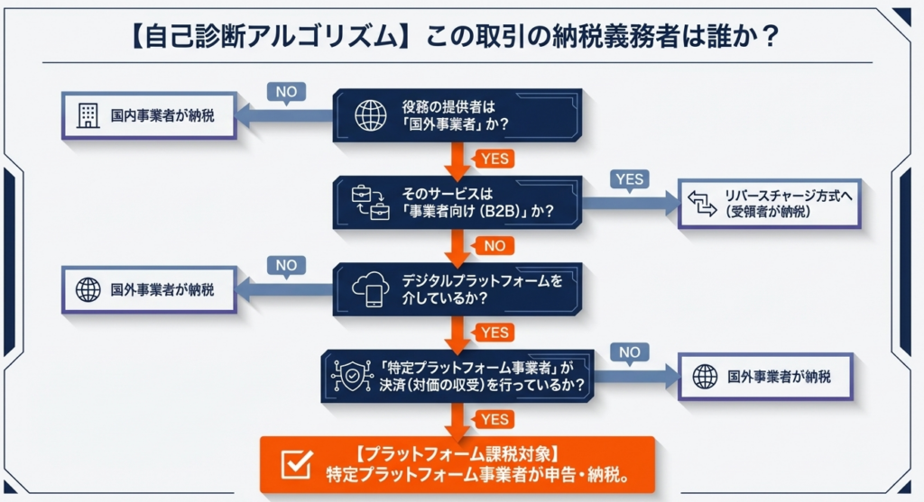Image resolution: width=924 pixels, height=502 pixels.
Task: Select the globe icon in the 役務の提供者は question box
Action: (x=370, y=114)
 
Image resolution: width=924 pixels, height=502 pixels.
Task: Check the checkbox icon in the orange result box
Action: (x=296, y=464)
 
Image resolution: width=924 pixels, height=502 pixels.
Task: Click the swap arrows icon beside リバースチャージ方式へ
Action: (x=701, y=203)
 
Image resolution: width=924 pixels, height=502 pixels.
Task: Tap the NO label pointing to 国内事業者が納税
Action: (x=286, y=92)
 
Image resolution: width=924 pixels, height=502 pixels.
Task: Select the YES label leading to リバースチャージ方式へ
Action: (x=629, y=178)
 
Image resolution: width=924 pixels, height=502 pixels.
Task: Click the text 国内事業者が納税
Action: (x=157, y=117)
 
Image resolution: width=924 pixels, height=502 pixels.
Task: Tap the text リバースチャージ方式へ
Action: (x=783, y=195)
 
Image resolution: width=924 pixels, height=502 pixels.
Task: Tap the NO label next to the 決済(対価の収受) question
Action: (x=629, y=352)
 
